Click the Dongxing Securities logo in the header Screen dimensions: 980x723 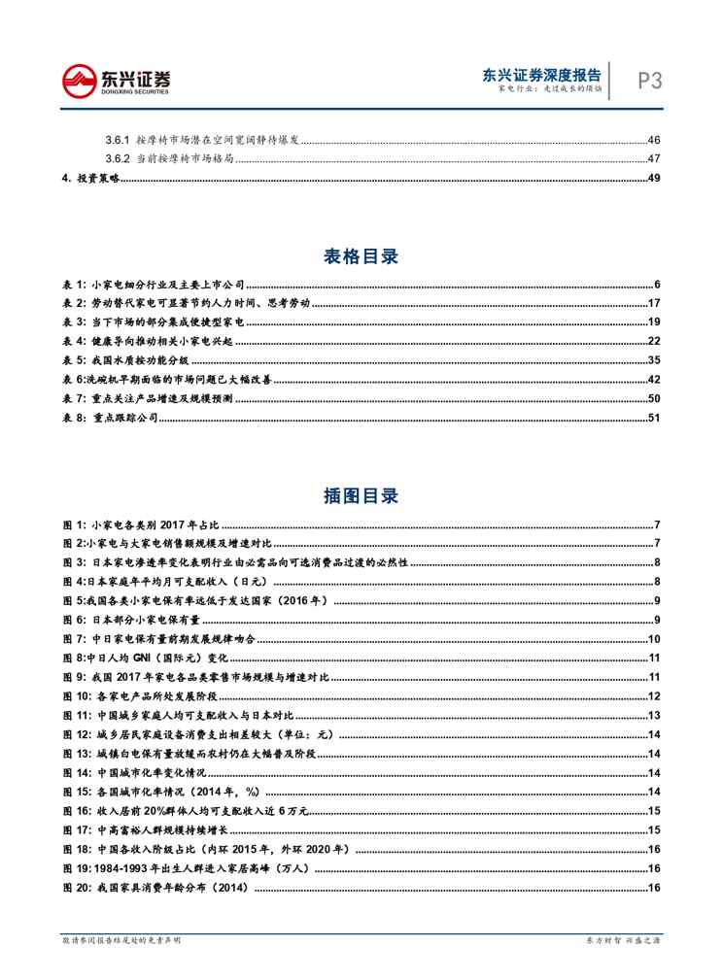coord(116,80)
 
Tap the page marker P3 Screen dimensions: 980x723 coord(649,81)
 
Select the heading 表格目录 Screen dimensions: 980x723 coord(361,256)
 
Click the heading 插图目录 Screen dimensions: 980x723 coord(361,495)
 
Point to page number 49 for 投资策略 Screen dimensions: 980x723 coord(654,178)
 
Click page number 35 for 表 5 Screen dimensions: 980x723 coord(654,359)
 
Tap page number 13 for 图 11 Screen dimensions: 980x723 coord(654,715)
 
